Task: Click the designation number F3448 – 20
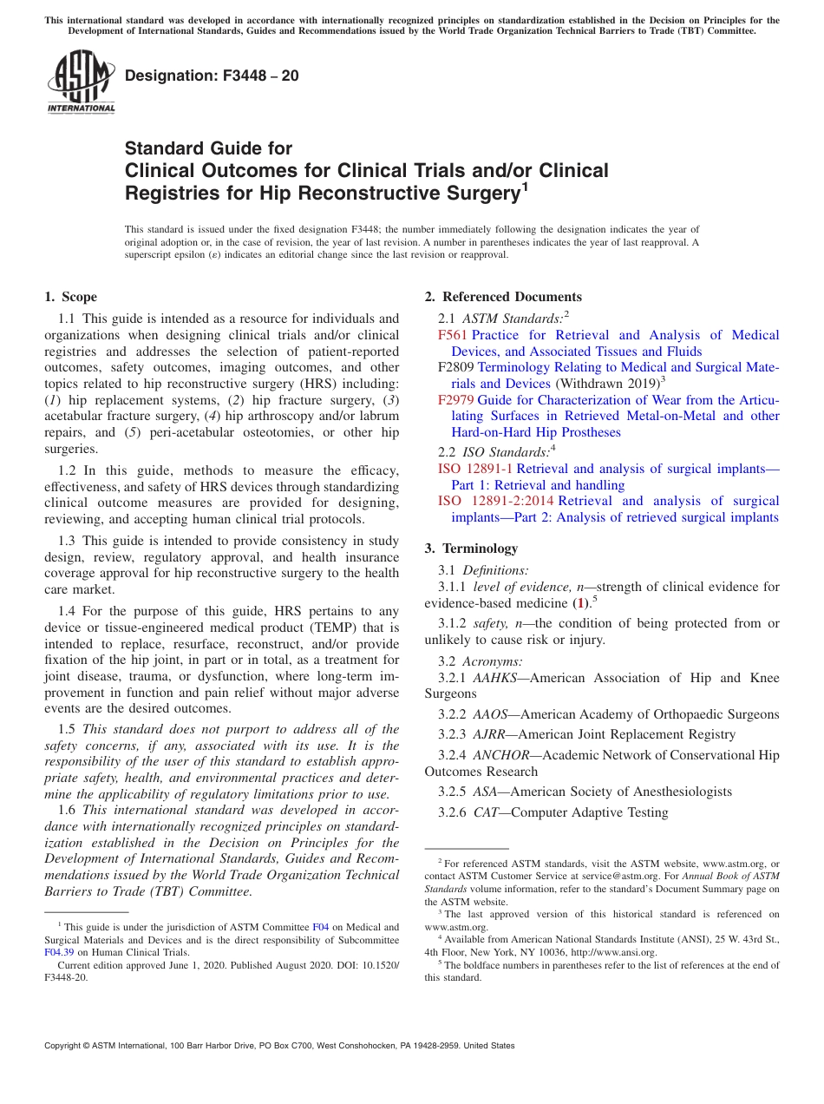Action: pos(213,76)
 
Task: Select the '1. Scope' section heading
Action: pos(71,297)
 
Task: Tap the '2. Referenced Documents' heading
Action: pos(503,297)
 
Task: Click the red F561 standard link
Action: pos(452,335)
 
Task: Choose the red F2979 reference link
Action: pos(456,400)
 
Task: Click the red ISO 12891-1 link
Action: pos(474,469)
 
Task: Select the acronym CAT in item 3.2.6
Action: pos(485,812)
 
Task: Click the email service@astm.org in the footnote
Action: pos(616,877)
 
